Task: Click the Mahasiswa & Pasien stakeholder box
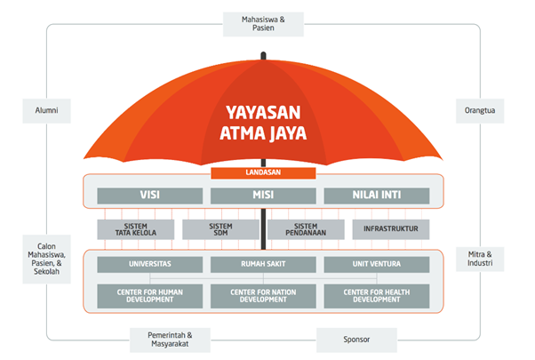coord(263,24)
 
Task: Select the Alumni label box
coord(46,111)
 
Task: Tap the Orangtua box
coord(480,111)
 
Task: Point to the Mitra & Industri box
coord(480,259)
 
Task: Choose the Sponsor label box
coord(356,340)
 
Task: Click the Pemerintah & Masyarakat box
coord(170,340)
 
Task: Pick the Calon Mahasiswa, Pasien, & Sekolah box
coord(46,259)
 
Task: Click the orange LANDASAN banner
coord(263,173)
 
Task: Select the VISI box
coord(150,196)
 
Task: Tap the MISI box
coord(263,196)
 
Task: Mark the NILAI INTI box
coord(377,196)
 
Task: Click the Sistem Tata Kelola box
coord(136,229)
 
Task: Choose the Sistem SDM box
coord(220,229)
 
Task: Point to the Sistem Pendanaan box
coord(306,229)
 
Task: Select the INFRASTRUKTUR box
coord(391,229)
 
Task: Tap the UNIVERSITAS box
coord(150,265)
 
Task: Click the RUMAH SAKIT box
coord(263,265)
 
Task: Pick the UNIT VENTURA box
coord(377,265)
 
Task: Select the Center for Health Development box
coord(377,296)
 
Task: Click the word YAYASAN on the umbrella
coord(263,113)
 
